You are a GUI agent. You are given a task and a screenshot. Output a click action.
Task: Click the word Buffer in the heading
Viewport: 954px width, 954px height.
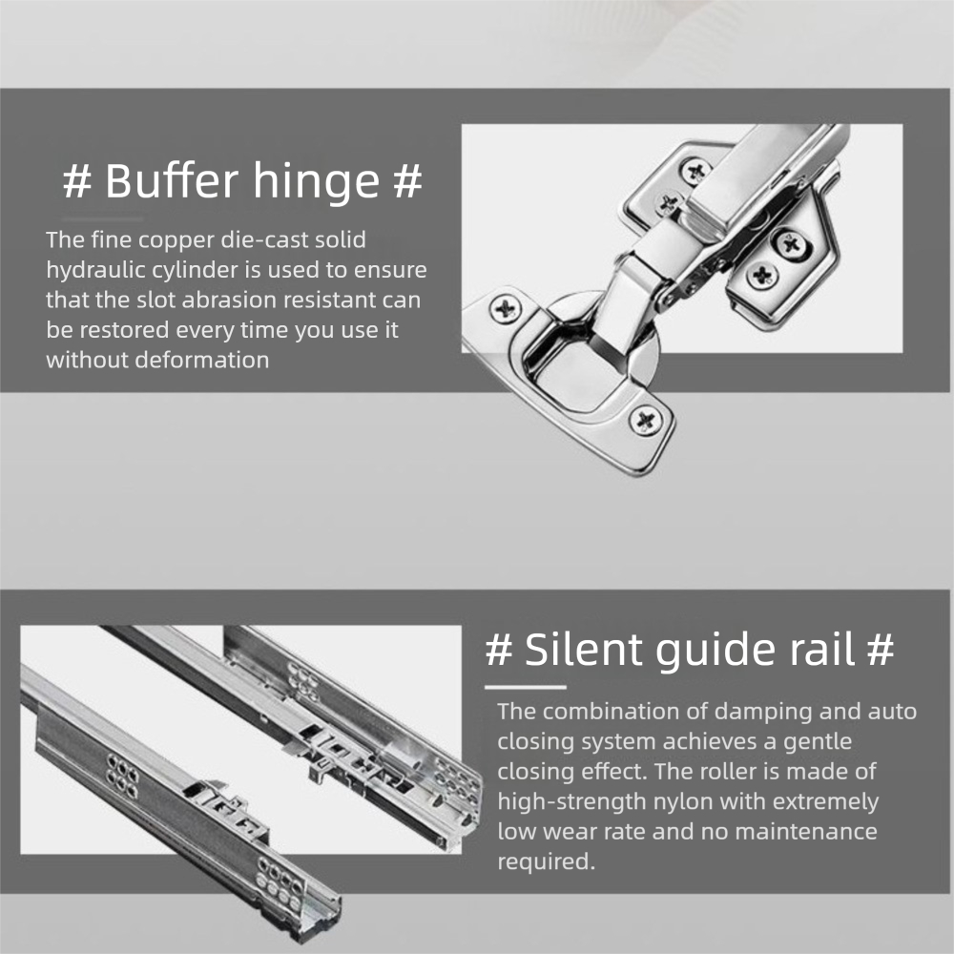pyautogui.click(x=172, y=180)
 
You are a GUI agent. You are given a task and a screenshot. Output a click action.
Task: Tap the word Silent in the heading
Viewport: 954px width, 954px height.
pyautogui.click(x=584, y=650)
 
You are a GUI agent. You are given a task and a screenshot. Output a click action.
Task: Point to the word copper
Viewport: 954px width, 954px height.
pyautogui.click(x=176, y=241)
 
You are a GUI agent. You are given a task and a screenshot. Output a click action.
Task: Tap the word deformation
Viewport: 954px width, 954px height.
pyautogui.click(x=202, y=361)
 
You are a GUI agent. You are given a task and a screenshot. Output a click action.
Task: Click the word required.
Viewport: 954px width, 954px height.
pyautogui.click(x=546, y=862)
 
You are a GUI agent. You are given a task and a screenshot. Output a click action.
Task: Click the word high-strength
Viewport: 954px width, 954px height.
pyautogui.click(x=571, y=802)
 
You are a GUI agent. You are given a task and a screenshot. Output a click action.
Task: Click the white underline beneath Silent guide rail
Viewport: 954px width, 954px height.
pyautogui.click(x=525, y=688)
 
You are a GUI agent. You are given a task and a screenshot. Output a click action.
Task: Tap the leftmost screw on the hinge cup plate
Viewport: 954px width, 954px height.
pyautogui.click(x=505, y=309)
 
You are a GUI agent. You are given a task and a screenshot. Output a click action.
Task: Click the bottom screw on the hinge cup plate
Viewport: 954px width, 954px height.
pyautogui.click(x=646, y=421)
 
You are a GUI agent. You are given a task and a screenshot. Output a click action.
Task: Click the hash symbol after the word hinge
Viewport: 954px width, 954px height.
pyautogui.click(x=407, y=181)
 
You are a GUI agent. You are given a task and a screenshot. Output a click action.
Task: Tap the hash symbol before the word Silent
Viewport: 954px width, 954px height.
pyautogui.click(x=499, y=650)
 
